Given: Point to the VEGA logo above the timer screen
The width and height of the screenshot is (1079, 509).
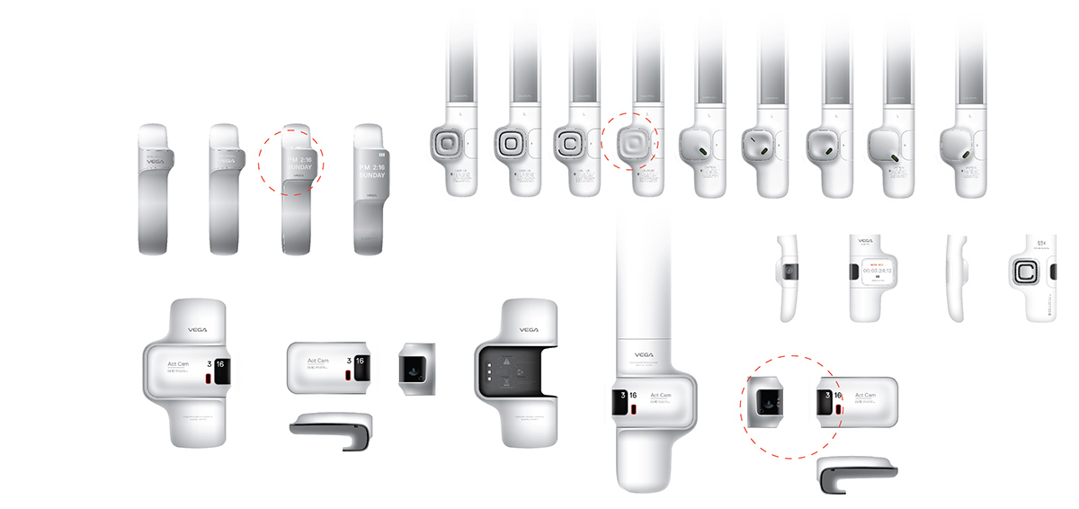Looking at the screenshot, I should pos(865,241).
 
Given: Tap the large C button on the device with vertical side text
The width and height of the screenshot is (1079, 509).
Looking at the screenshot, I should pos(1026,273).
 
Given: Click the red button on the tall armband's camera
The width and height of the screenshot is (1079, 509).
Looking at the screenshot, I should pos(633,410).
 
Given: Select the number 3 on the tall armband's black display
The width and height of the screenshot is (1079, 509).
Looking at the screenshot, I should pos(620,395).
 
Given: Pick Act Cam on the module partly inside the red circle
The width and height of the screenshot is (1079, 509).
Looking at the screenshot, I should pos(866,395).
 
